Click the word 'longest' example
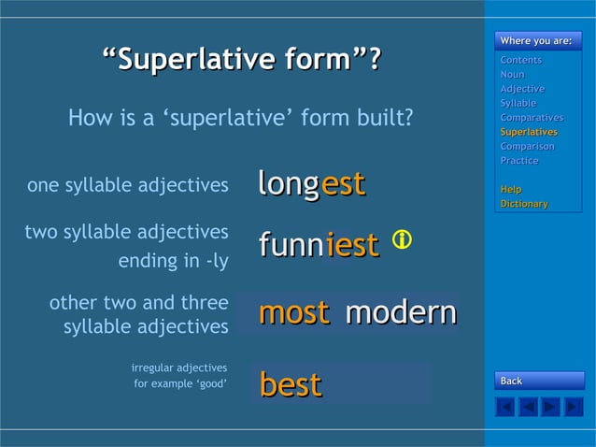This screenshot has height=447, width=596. click(311, 183)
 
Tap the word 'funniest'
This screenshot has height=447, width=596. click(319, 245)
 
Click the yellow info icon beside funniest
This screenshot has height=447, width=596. click(402, 240)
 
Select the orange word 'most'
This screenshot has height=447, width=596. click(293, 312)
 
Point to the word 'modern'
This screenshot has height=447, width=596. click(401, 312)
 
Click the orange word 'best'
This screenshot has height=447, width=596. click(291, 384)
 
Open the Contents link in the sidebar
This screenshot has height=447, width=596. click(520, 60)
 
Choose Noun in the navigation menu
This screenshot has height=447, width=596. click(512, 74)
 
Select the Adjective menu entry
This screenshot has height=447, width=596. click(522, 89)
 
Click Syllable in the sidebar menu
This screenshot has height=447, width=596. click(518, 103)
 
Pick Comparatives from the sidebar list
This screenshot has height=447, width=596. click(532, 118)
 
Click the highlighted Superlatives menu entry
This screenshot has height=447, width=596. click(529, 132)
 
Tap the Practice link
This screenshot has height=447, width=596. click(519, 161)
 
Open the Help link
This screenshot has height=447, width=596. click(511, 189)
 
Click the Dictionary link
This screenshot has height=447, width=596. click(524, 204)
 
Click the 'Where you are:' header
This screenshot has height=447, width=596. click(537, 40)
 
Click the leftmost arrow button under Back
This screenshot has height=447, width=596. click(505, 407)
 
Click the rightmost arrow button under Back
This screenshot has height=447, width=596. click(574, 407)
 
